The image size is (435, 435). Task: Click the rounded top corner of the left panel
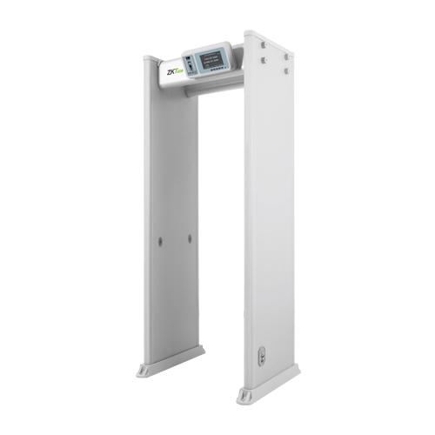[x=148, y=59]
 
